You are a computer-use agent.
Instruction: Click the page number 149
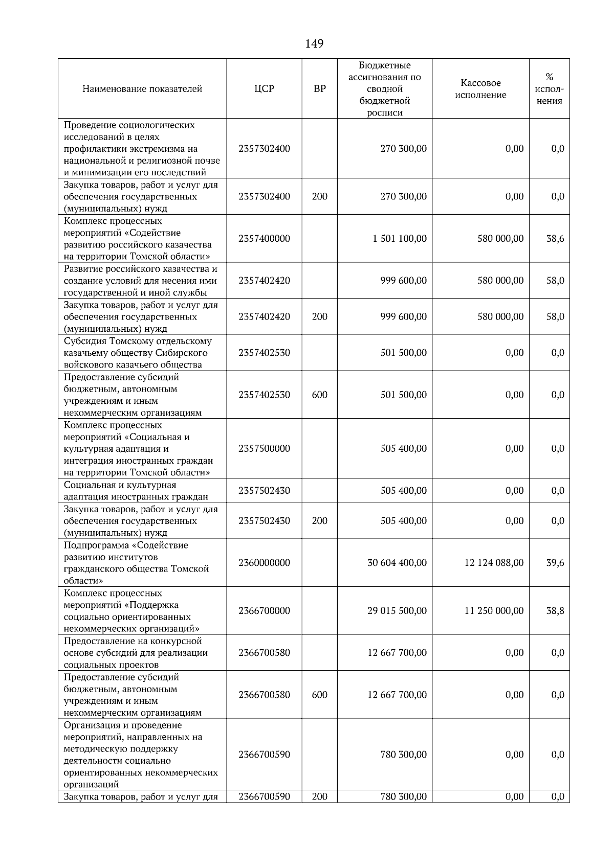pos(314,44)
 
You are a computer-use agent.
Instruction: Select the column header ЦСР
pos(264,89)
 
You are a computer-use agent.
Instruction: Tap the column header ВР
pos(319,89)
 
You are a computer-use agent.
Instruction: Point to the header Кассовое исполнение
pos(480,89)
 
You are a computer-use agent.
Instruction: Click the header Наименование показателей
pos(142,89)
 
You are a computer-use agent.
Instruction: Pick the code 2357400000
pos(264,239)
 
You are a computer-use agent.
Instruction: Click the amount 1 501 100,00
pos(400,239)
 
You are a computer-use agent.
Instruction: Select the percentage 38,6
pos(555,239)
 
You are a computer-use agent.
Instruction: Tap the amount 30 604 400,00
pos(397,563)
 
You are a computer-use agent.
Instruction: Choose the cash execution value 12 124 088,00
pos(494,563)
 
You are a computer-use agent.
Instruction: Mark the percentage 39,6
pos(555,563)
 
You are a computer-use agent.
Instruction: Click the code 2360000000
pos(264,563)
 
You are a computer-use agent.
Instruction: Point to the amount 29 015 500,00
pos(397,611)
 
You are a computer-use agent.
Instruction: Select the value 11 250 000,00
pos(494,611)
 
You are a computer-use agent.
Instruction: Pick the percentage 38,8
pos(555,611)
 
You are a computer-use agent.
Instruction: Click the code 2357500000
pos(264,449)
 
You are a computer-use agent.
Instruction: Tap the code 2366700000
pos(264,611)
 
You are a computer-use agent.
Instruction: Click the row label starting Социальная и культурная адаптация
pos(136,491)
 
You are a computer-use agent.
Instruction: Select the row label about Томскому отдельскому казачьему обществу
pos(138,353)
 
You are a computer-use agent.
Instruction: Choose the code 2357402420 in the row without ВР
pos(264,281)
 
